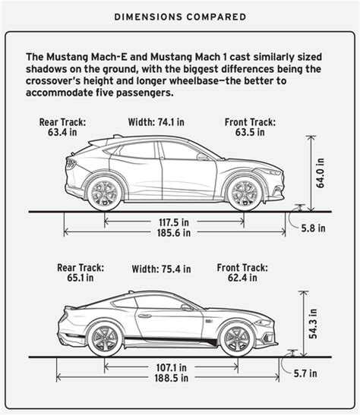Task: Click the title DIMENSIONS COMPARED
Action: click(x=180, y=17)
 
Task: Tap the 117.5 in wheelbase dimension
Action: click(x=174, y=222)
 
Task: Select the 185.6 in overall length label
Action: click(x=174, y=233)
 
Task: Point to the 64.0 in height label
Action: click(x=320, y=173)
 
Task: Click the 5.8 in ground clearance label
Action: click(x=313, y=228)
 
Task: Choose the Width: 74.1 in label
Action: click(x=156, y=122)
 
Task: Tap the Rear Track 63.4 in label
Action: click(x=62, y=127)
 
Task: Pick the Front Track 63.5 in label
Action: click(x=250, y=127)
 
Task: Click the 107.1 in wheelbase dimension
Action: click(x=171, y=367)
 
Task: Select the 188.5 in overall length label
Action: click(x=172, y=378)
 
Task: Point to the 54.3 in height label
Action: click(x=313, y=324)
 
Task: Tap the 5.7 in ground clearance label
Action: click(x=305, y=373)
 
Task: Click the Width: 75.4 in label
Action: click(x=161, y=269)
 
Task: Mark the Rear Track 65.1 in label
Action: click(x=81, y=272)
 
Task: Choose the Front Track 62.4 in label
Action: click(x=242, y=272)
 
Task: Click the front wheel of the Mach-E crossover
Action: click(x=245, y=193)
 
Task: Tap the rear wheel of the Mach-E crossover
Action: click(x=105, y=193)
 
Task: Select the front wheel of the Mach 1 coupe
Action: click(x=237, y=340)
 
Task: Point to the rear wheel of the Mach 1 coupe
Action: click(x=105, y=340)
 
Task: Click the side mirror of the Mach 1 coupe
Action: click(x=187, y=307)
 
